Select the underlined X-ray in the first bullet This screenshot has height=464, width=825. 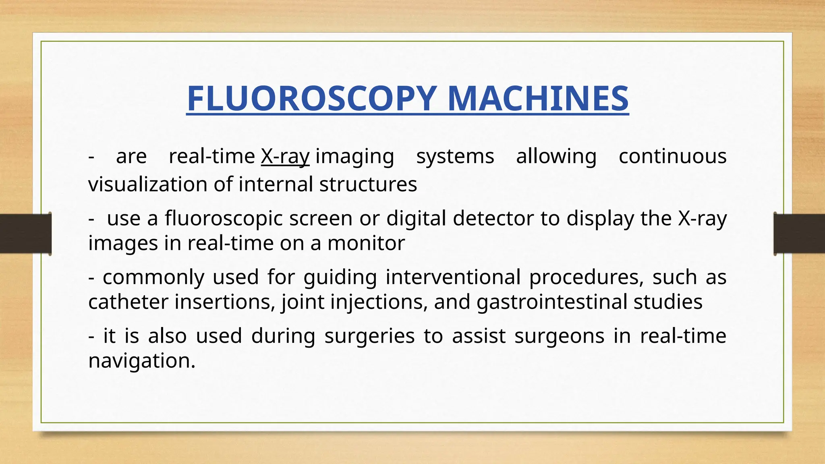285,156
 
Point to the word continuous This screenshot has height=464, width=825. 672,156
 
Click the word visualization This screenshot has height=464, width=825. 147,184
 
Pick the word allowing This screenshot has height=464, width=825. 556,156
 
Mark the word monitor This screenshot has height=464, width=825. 366,243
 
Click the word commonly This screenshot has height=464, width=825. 153,277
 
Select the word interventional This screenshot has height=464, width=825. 453,277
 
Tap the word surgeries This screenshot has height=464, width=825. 369,336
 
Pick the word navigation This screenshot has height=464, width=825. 141,361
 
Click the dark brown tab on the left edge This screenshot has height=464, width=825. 25,234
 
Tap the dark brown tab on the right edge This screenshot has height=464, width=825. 799,234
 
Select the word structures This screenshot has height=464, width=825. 368,184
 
